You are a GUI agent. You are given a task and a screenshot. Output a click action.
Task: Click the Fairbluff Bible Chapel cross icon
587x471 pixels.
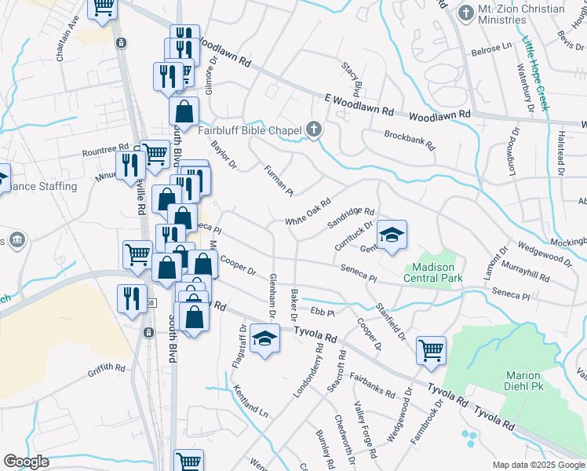pos(314,130)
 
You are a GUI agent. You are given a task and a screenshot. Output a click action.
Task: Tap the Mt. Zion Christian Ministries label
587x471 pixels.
pos(521,15)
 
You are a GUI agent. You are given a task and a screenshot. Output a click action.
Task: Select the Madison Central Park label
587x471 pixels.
pos(433,272)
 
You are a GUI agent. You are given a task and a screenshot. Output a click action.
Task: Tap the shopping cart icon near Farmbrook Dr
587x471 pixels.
pos(431,349)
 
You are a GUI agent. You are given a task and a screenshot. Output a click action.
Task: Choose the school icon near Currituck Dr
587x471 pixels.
pos(392,234)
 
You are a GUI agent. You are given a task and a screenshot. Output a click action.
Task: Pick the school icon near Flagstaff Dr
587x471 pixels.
pos(265,339)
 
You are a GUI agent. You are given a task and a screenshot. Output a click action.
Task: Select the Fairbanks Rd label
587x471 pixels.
pos(372,385)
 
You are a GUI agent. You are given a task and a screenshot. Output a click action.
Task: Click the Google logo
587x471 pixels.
pos(27,462)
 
